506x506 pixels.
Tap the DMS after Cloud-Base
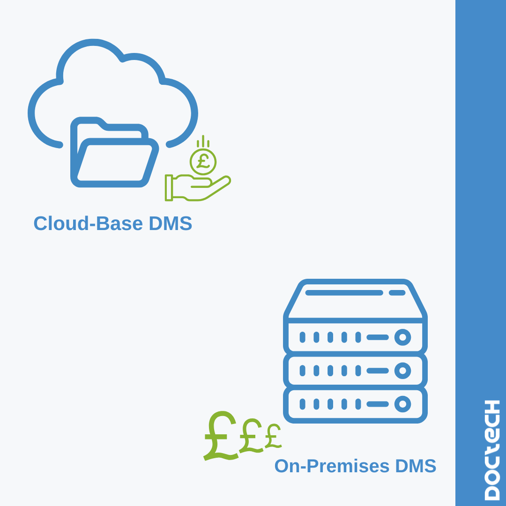(170, 223)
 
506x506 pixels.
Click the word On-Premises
(332, 466)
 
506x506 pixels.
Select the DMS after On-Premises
(416, 466)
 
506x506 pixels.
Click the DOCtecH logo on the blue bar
(492, 450)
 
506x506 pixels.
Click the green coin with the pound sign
(203, 162)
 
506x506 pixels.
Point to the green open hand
(201, 187)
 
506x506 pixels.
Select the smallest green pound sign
(273, 437)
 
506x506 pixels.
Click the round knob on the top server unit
(402, 337)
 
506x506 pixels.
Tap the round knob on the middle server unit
(402, 371)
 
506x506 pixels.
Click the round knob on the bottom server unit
(402, 404)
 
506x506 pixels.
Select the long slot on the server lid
(344, 293)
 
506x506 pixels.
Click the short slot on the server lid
(397, 293)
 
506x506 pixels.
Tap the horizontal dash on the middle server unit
(378, 371)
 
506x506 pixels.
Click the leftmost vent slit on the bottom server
(302, 404)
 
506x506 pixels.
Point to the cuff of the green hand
(169, 187)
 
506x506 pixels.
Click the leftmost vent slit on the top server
(302, 337)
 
